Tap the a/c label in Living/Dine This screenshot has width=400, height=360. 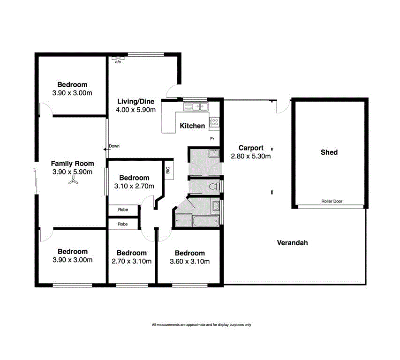118,62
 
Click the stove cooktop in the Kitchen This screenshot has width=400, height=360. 214,122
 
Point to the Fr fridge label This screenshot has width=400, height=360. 212,139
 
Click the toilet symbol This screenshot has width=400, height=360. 214,187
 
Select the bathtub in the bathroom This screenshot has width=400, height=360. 196,220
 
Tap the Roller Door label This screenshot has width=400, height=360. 332,202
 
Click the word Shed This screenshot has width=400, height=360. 329,152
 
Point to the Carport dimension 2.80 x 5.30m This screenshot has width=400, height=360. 250,156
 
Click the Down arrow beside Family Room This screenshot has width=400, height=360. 107,149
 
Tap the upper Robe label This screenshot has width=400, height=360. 123,210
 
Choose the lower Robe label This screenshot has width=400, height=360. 123,224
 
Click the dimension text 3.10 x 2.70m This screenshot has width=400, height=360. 134,186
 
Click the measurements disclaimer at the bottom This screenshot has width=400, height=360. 201,325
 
